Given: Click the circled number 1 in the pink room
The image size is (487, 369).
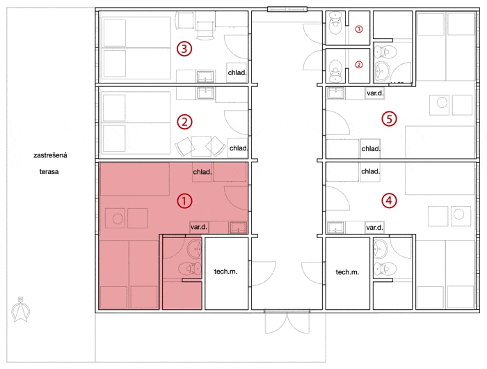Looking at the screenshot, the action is point(184,201).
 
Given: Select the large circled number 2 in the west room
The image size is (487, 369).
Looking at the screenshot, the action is point(184,122).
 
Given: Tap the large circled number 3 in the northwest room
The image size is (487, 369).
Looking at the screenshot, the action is point(184,49).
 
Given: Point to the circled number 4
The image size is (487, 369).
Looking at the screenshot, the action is point(389,201).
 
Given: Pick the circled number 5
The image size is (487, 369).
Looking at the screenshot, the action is point(389,118).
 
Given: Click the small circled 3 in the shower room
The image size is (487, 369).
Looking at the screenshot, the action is point(359,29).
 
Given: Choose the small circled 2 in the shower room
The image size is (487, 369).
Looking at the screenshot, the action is point(359,65).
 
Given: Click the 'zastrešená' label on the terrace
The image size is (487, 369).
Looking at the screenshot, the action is point(50,155).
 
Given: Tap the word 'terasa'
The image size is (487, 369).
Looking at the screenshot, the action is point(49,171).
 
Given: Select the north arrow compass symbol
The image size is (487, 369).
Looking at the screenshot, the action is point(20,309).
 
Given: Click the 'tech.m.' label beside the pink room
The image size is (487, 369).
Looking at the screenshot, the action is point(226,272).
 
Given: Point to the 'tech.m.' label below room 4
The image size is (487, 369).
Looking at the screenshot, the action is point(347,272).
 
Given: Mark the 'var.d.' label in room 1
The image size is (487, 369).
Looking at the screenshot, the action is point(199,227).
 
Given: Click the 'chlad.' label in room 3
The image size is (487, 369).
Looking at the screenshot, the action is point(237,72).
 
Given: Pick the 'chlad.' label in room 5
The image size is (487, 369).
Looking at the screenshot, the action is point(371,148).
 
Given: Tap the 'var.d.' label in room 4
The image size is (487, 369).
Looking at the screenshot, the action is point(374,227).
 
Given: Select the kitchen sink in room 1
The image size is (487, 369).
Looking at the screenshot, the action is point(238,227).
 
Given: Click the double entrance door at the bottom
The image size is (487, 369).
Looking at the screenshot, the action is point(287,322).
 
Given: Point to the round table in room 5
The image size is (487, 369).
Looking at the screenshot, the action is point(442,102).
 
